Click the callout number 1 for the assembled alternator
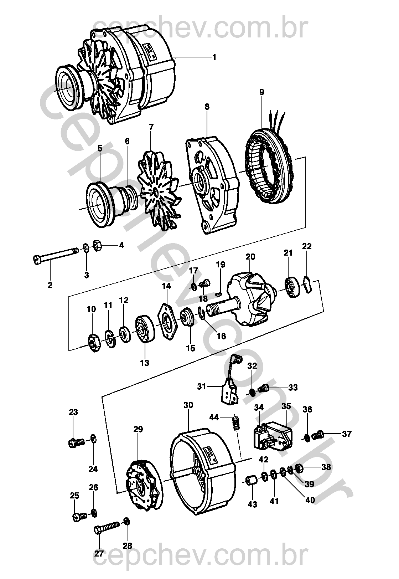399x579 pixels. click(214, 57)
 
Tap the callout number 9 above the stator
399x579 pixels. click(262, 92)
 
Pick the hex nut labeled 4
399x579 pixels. click(97, 246)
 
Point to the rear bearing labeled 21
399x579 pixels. click(293, 287)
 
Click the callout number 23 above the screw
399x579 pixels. click(73, 412)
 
